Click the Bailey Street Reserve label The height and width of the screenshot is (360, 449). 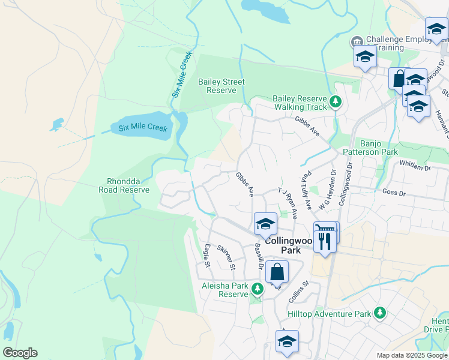[x=221, y=86]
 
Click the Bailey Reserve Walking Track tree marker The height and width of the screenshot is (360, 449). [x=336, y=103]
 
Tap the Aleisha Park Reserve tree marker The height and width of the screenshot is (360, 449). [x=257, y=290]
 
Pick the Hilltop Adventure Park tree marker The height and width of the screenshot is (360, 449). [x=379, y=313]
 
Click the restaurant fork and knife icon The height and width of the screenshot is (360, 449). [x=325, y=241]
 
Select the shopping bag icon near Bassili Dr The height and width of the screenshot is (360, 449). [x=277, y=273]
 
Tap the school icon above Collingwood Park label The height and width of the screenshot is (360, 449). [x=265, y=224]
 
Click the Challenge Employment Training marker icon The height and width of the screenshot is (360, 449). [x=357, y=41]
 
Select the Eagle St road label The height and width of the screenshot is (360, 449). [x=206, y=256]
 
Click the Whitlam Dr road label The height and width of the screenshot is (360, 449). [x=415, y=167]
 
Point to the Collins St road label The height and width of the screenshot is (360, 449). [x=298, y=292]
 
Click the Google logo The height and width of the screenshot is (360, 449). [x=20, y=353]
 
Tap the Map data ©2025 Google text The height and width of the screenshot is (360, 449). [x=412, y=355]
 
